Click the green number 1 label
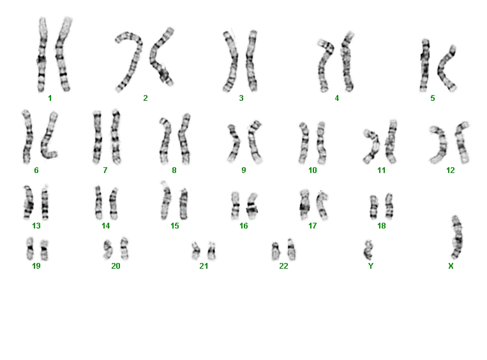[50, 98]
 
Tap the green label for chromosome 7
[105, 170]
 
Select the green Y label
[371, 266]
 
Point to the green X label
[451, 266]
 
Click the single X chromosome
[457, 237]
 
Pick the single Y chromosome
[368, 250]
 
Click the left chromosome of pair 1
[42, 54]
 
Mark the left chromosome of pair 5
[424, 65]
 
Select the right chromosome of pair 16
[253, 206]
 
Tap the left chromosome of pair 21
[196, 251]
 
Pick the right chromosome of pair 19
[45, 250]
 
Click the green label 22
[283, 266]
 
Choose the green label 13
[36, 226]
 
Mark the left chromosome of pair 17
[304, 204]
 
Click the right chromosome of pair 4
[347, 62]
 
